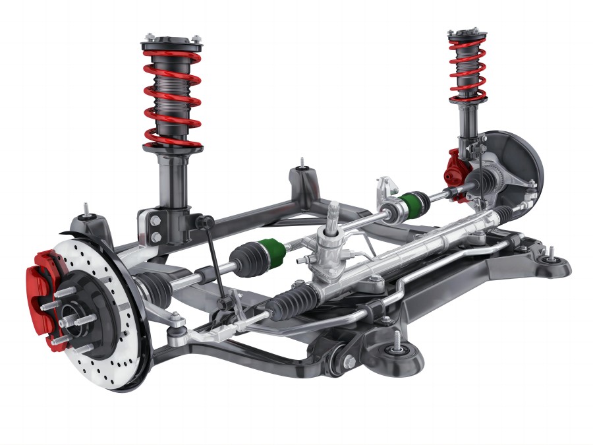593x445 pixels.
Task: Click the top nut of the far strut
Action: tap(468, 32)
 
